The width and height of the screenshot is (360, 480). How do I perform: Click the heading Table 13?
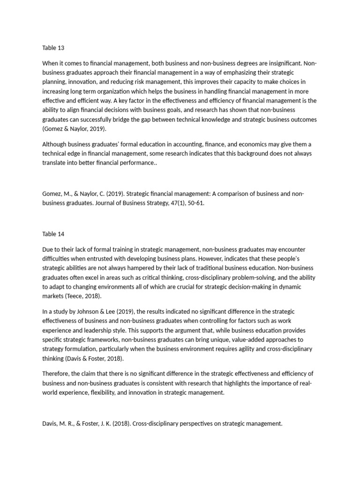(x=52, y=48)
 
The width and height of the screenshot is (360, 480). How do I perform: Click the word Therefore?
(x=57, y=374)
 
